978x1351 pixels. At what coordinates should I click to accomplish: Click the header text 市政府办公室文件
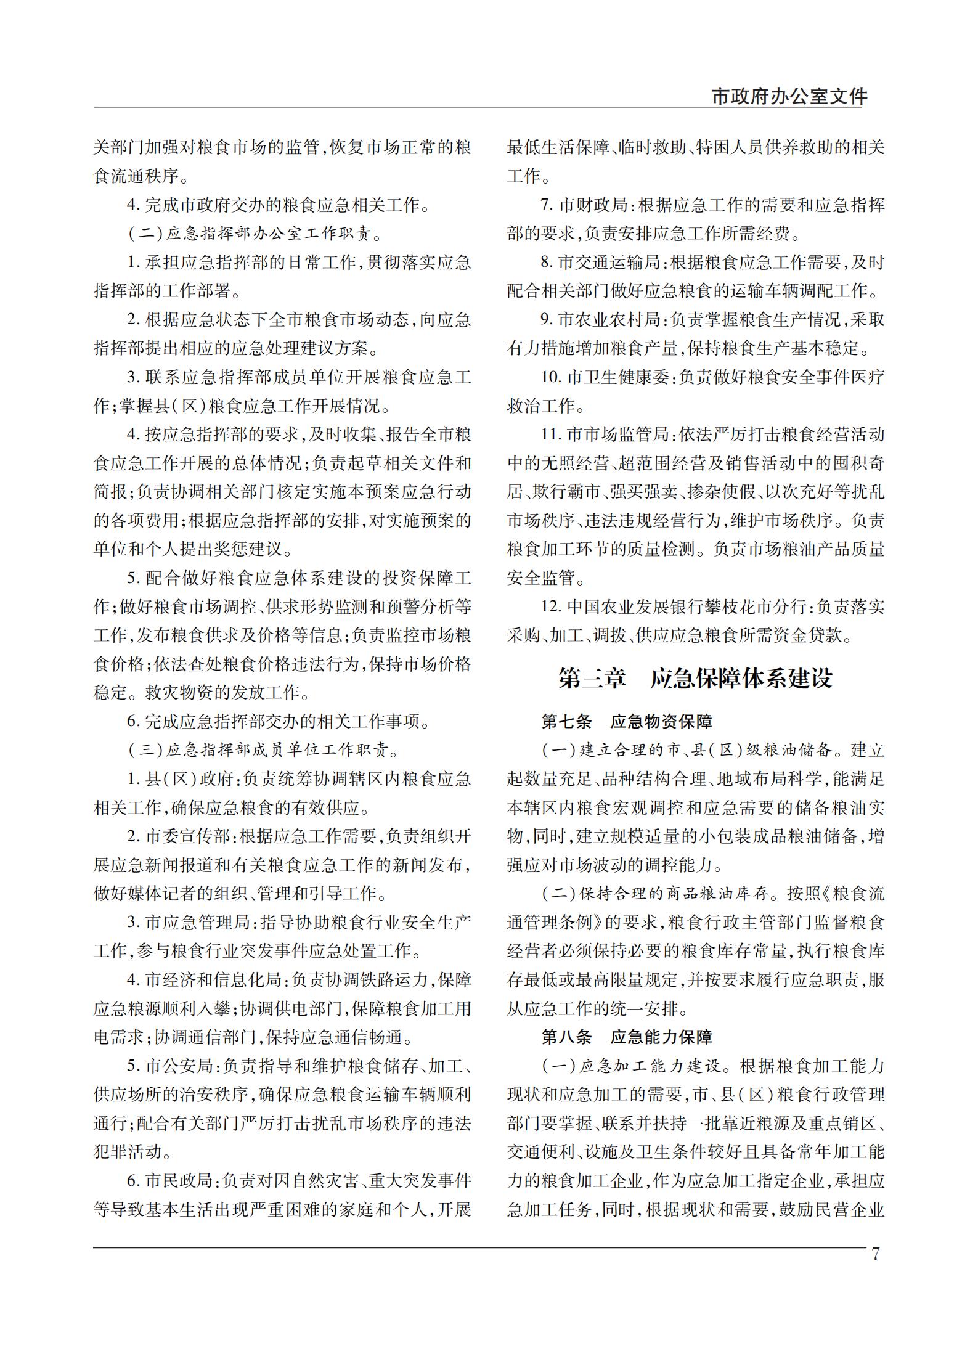[789, 97]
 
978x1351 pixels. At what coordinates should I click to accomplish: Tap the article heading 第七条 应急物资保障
[627, 721]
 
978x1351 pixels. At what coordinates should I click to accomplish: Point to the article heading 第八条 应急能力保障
[627, 1037]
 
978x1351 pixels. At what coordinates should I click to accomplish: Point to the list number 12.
[550, 607]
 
